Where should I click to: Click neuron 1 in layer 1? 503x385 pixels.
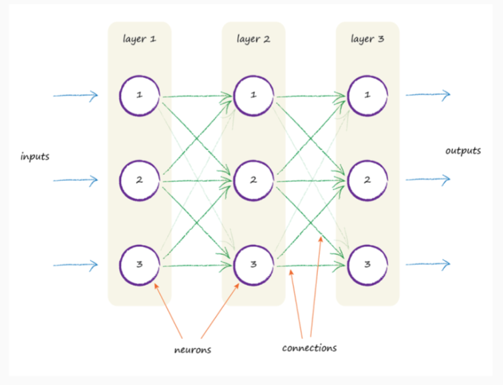coord(140,76)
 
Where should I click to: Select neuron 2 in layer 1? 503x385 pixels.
coord(140,161)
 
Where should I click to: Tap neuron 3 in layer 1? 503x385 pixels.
coord(140,246)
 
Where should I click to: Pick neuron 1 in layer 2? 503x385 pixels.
coord(253,76)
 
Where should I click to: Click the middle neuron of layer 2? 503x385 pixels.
coord(253,161)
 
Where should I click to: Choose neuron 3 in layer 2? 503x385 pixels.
coord(253,246)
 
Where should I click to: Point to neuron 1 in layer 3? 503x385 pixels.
coord(367,76)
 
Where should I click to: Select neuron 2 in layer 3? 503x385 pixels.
coord(367,161)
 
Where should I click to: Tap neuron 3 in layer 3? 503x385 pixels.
coord(367,246)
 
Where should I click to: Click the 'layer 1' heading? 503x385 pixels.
coord(139,39)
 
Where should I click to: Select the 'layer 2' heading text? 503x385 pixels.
coord(253,39)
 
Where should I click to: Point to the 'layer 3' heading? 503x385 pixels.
coord(367,39)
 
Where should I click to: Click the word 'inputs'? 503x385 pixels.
coord(35,157)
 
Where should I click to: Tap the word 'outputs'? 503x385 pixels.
coord(463,151)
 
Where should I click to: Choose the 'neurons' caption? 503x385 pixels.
coord(192,350)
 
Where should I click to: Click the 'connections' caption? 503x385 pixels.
coord(309,348)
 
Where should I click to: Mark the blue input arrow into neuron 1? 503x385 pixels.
coord(75,95)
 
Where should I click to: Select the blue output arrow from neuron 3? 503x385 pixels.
coord(428,265)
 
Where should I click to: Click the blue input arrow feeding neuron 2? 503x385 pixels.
coord(75,180)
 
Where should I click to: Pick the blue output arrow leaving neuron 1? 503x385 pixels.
coord(428,95)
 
